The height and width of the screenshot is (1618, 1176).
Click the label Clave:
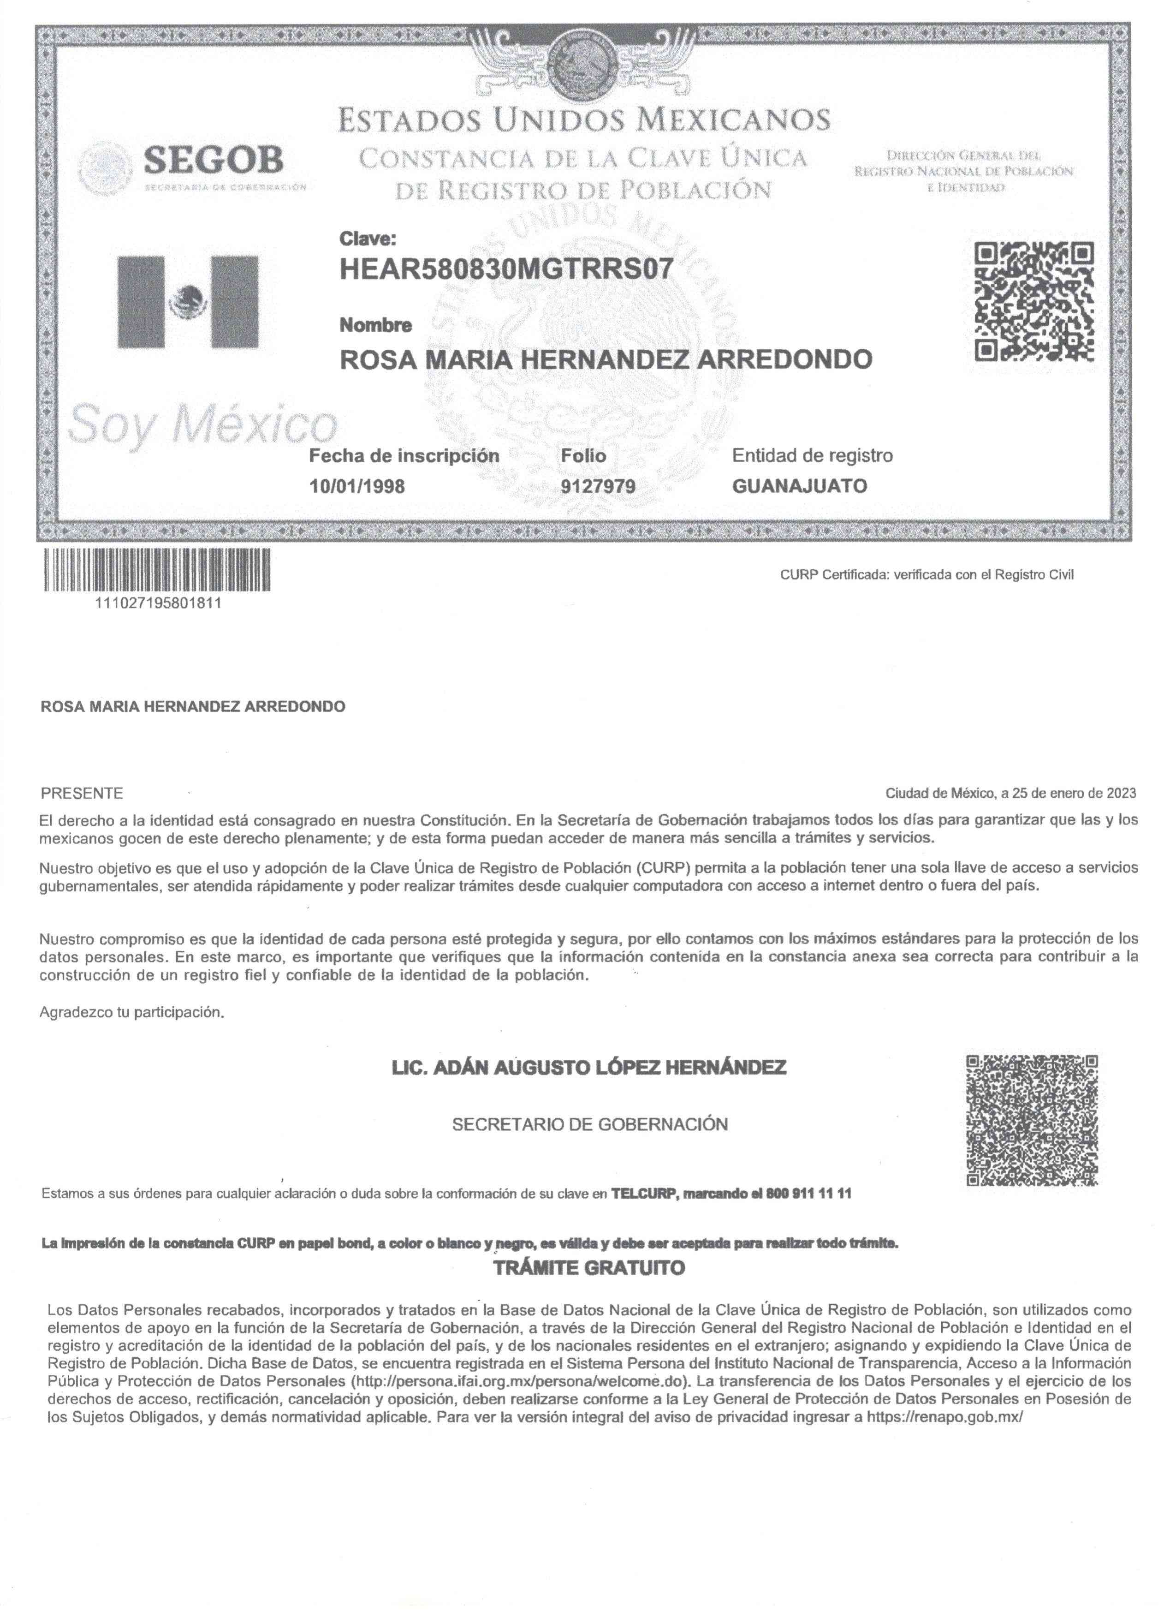pyautogui.click(x=367, y=238)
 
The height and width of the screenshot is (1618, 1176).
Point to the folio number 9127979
pyautogui.click(x=598, y=487)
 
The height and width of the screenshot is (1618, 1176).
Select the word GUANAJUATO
pyautogui.click(x=800, y=487)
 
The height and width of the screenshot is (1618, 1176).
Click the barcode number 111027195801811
pyautogui.click(x=158, y=603)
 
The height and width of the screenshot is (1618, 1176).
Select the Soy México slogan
pyautogui.click(x=202, y=425)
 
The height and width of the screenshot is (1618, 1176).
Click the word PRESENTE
pyautogui.click(x=82, y=793)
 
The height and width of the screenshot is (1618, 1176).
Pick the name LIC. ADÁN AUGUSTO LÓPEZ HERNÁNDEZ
pyautogui.click(x=589, y=1068)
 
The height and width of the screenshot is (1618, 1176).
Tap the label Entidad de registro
pyautogui.click(x=812, y=455)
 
